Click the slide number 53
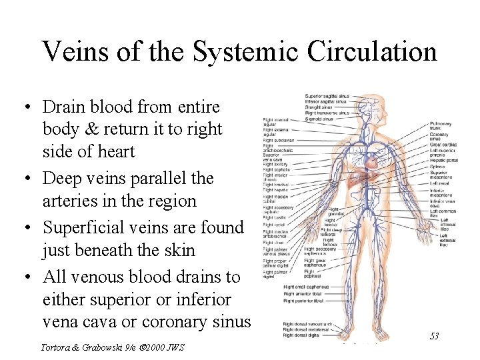click(434, 336)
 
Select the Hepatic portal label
click(444, 160)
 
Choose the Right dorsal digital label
click(301, 335)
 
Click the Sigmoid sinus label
click(320, 118)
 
